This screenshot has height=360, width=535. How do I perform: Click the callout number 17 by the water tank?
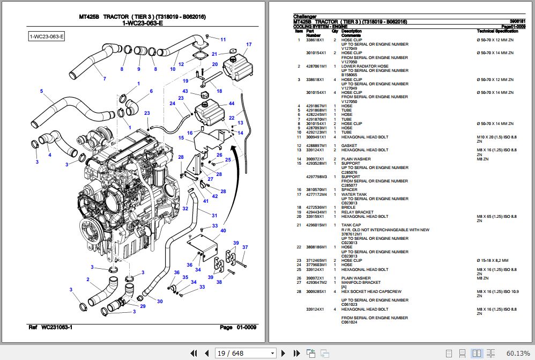[249, 45]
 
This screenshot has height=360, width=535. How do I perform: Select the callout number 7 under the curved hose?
[104, 79]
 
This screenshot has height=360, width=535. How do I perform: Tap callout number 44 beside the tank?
[232, 104]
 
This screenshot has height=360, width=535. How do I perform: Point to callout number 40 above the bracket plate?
[223, 231]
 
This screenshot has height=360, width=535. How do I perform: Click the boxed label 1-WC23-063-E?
[47, 36]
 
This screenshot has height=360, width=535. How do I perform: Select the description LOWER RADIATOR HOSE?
[365, 67]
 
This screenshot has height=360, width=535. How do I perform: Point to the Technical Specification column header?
[497, 32]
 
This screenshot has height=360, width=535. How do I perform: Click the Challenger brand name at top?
[305, 17]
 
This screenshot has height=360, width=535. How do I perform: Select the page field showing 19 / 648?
[246, 353]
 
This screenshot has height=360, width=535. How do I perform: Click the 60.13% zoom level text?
[518, 353]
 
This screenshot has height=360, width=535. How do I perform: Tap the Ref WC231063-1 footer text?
[50, 327]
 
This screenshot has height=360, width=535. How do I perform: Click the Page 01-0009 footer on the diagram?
[238, 327]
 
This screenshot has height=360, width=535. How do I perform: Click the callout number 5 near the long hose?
[41, 91]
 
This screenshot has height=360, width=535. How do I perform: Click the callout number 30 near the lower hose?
[160, 302]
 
